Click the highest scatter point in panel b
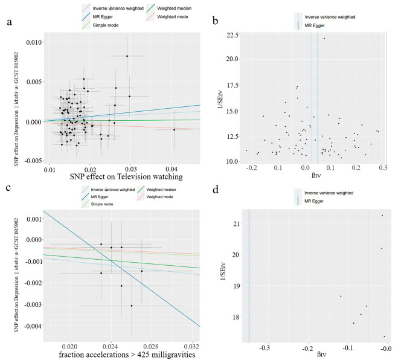tap(324, 39)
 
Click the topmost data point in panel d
tap(382, 215)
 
